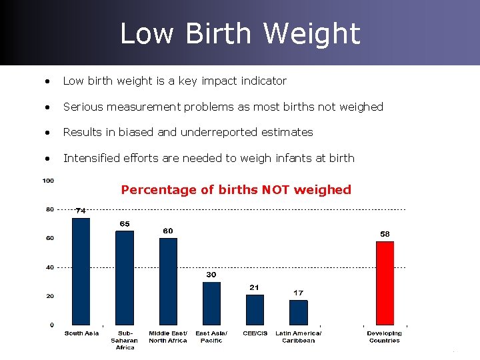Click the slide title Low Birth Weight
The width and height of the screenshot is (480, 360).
click(240, 33)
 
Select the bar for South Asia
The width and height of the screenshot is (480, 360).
click(81, 271)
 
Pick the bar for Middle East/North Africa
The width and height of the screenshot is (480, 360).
click(168, 281)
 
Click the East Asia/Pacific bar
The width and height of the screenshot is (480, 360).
click(211, 303)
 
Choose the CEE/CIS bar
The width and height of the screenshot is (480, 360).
click(255, 309)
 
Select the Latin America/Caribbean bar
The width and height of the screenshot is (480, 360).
click(299, 312)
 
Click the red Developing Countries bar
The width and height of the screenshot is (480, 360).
click(385, 283)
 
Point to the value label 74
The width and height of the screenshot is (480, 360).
click(81, 211)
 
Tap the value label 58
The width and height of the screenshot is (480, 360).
click(385, 234)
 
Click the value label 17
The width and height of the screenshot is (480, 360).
click(299, 293)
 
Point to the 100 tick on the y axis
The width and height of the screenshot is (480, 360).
click(48, 181)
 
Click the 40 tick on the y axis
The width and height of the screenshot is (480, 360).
click(49, 267)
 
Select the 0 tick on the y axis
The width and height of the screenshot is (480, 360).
click(51, 325)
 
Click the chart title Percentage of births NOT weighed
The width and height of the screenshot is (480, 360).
click(236, 189)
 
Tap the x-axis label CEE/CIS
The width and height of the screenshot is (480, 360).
click(255, 333)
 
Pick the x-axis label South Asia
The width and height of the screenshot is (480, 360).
click(81, 333)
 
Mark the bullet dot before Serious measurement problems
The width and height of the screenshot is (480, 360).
click(47, 107)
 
